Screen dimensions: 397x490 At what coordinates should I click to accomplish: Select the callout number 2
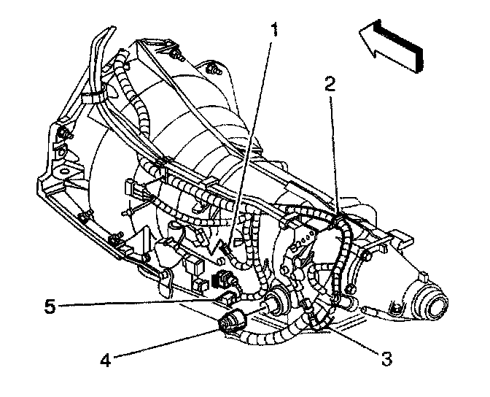coord(330,83)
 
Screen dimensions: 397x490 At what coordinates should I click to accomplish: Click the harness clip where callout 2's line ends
coord(341,217)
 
